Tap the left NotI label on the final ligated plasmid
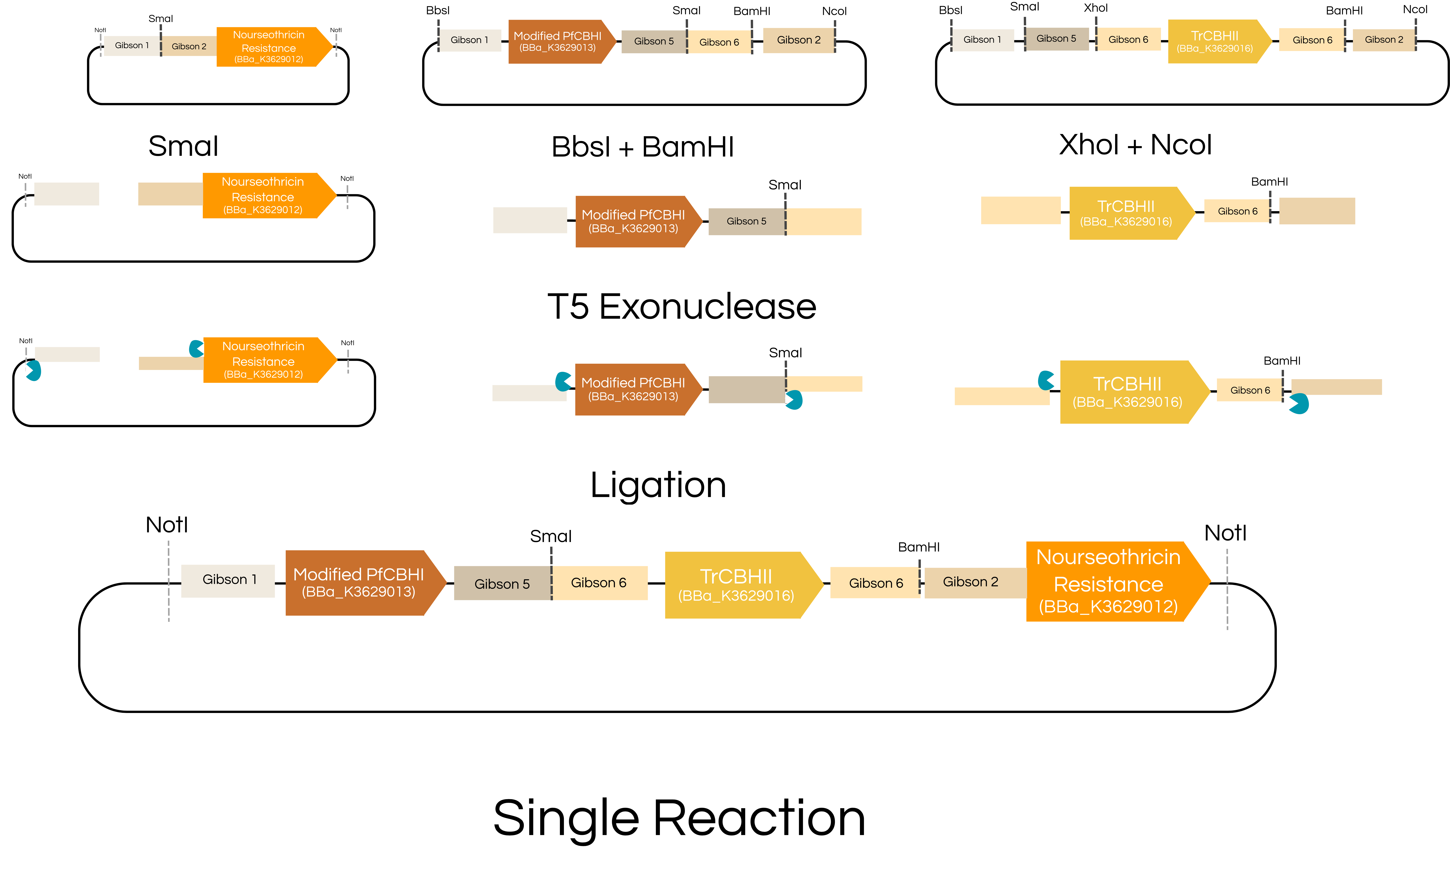pyautogui.click(x=167, y=525)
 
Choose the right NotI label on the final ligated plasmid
pyautogui.click(x=1225, y=533)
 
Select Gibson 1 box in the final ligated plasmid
pyautogui.click(x=228, y=580)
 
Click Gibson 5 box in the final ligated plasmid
pyautogui.click(x=502, y=584)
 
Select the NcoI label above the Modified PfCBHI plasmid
pyautogui.click(x=834, y=11)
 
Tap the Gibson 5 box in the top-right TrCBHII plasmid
pyautogui.click(x=1056, y=39)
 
